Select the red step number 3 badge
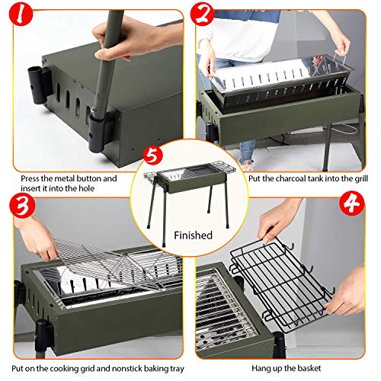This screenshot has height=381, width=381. (x=21, y=206)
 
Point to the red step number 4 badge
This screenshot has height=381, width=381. (x=352, y=204)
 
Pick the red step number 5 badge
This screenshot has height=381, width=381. (x=152, y=155)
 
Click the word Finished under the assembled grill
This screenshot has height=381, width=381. (x=193, y=235)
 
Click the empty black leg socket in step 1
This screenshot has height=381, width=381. (x=38, y=85)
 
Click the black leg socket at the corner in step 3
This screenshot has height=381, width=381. (x=43, y=335)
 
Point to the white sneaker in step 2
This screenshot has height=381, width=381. (x=247, y=166)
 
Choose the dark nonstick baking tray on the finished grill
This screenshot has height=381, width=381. (x=200, y=170)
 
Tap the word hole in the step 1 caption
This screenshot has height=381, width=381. (x=86, y=188)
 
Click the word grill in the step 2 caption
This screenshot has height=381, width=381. (x=361, y=178)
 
